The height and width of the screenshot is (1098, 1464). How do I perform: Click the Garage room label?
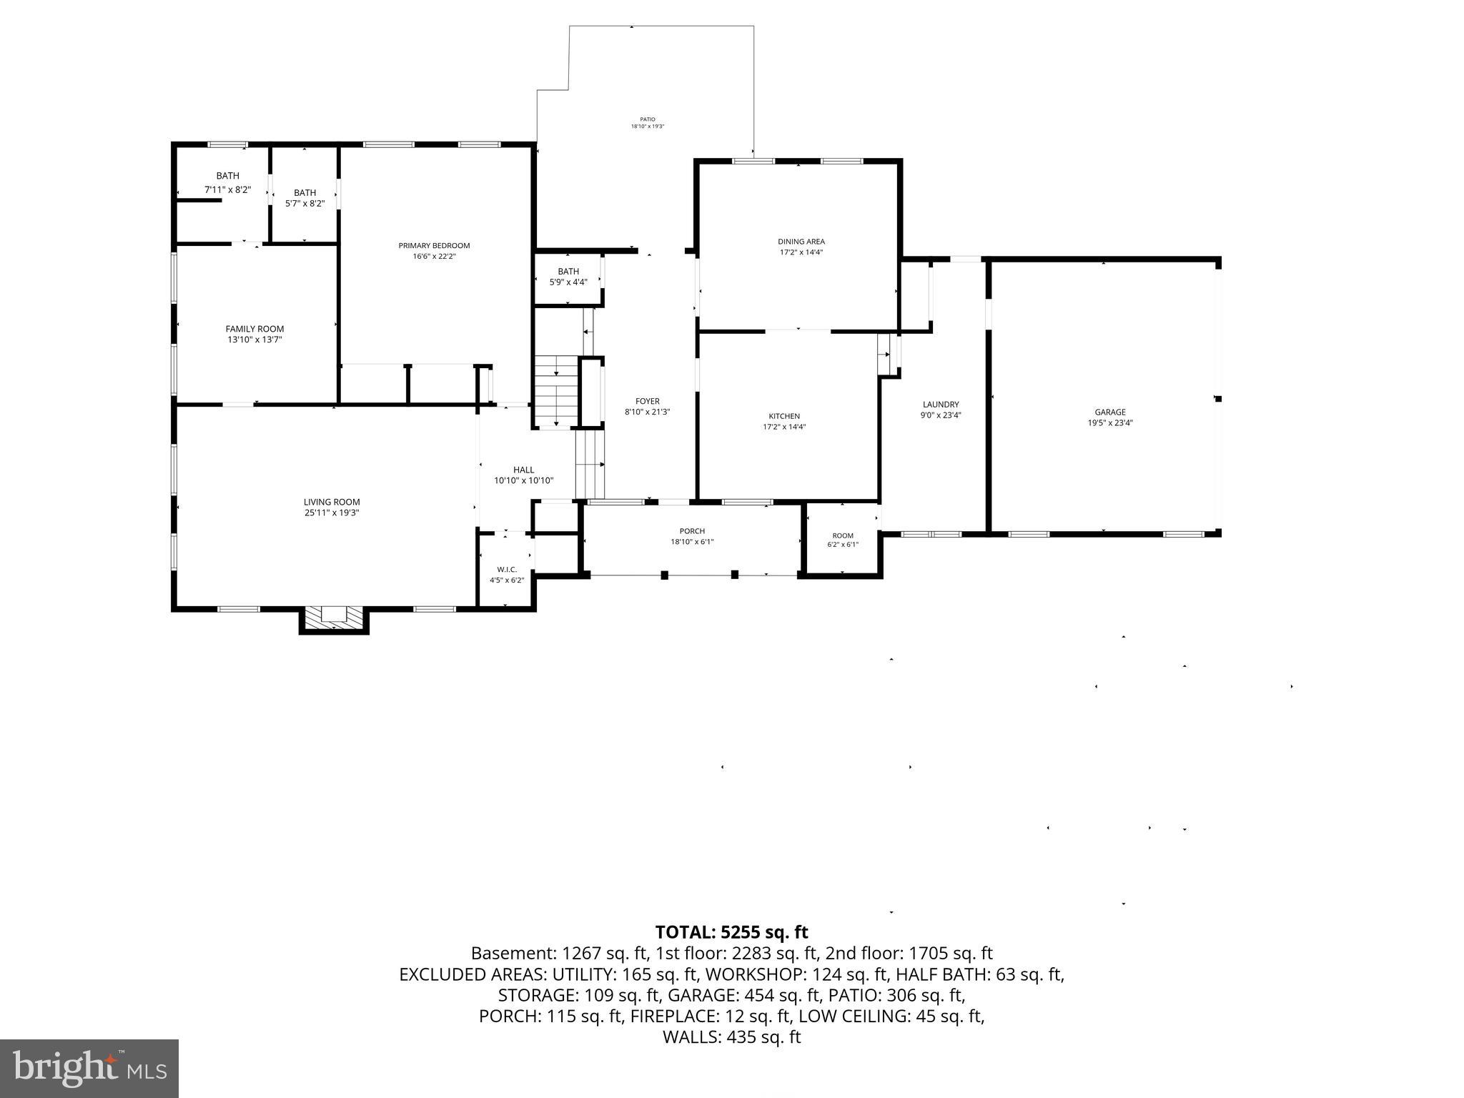(1109, 412)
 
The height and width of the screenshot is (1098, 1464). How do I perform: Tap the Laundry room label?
(940, 405)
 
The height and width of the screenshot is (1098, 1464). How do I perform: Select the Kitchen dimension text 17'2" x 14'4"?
(784, 427)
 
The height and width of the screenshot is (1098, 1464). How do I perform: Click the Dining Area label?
(801, 242)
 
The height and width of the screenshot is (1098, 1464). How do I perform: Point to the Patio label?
(647, 119)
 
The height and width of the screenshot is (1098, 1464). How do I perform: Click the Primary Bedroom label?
(434, 246)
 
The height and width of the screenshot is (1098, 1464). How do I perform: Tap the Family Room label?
(254, 329)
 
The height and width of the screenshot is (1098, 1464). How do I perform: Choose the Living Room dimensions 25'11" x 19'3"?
(331, 513)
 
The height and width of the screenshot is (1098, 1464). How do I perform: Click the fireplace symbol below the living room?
(333, 618)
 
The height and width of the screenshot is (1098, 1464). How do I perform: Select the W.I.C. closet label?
(507, 570)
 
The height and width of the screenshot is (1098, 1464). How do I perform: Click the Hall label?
(523, 470)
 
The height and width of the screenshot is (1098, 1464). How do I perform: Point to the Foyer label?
(647, 401)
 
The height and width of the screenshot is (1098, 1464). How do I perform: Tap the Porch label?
(691, 531)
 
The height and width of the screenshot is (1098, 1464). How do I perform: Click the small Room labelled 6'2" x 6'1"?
(843, 535)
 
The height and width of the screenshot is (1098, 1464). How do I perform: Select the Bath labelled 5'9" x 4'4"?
(568, 272)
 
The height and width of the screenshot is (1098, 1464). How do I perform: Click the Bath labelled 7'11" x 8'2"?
(227, 176)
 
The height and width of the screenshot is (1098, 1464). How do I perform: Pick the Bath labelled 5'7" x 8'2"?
(305, 193)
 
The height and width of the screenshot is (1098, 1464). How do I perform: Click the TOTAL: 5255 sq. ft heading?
(731, 932)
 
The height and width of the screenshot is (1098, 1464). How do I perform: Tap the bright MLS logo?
(89, 1069)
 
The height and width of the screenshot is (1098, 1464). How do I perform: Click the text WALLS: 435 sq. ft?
(731, 1037)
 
